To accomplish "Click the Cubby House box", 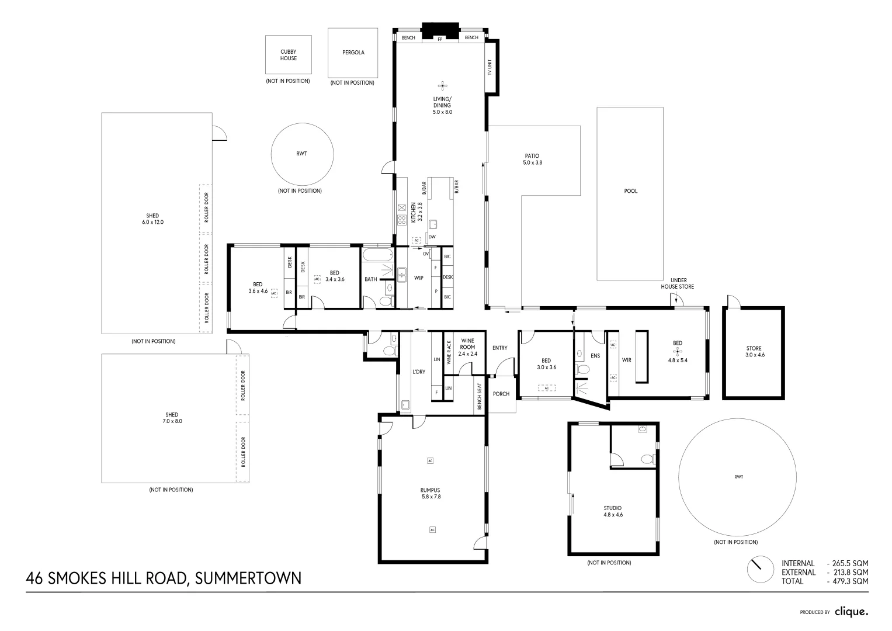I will [289, 55].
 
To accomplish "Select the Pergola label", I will [353, 53].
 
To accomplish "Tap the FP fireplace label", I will [440, 39].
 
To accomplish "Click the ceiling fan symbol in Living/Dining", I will [442, 85].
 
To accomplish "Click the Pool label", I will [631, 191].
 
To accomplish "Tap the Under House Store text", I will [678, 283].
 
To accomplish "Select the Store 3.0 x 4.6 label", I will [754, 352].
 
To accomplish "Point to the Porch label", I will [501, 394].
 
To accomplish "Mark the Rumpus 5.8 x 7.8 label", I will [430, 494].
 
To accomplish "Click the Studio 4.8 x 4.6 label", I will [613, 511].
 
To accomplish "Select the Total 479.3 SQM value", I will [848, 581].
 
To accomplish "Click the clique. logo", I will [851, 612].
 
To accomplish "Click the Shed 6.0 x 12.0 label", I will [152, 219].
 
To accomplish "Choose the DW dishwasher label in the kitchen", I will [432, 237].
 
